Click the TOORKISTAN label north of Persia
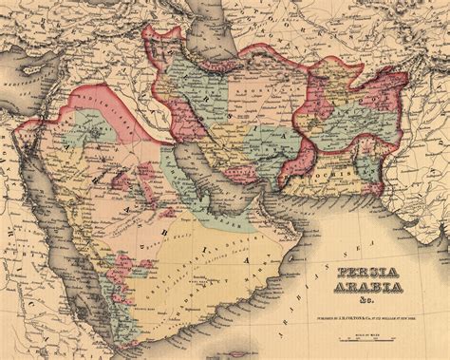click(313, 28)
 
